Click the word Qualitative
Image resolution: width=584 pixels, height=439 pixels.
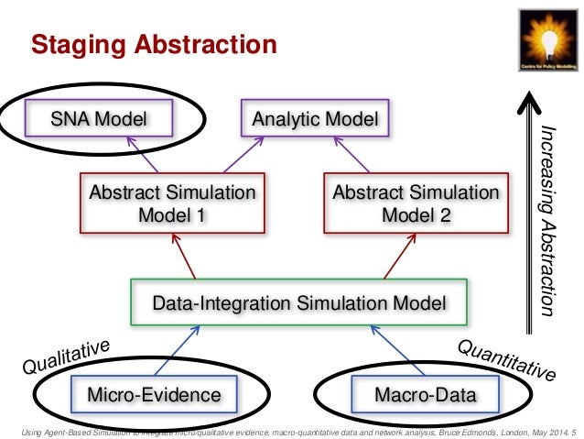point(68,357)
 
